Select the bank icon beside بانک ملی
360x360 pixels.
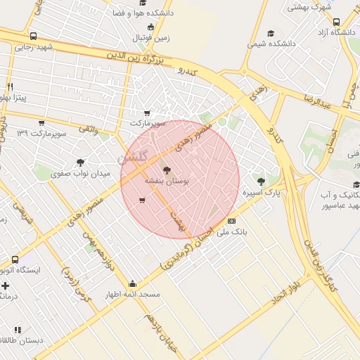[232, 240]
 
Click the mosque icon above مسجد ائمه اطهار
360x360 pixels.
[131, 284]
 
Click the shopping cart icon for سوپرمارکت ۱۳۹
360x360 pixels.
[41, 123]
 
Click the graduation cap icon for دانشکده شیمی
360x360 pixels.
[271, 33]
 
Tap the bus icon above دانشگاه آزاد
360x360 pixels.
[336, 22]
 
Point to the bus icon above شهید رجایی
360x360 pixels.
[33, 36]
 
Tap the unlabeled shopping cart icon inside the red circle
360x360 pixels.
[142, 201]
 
